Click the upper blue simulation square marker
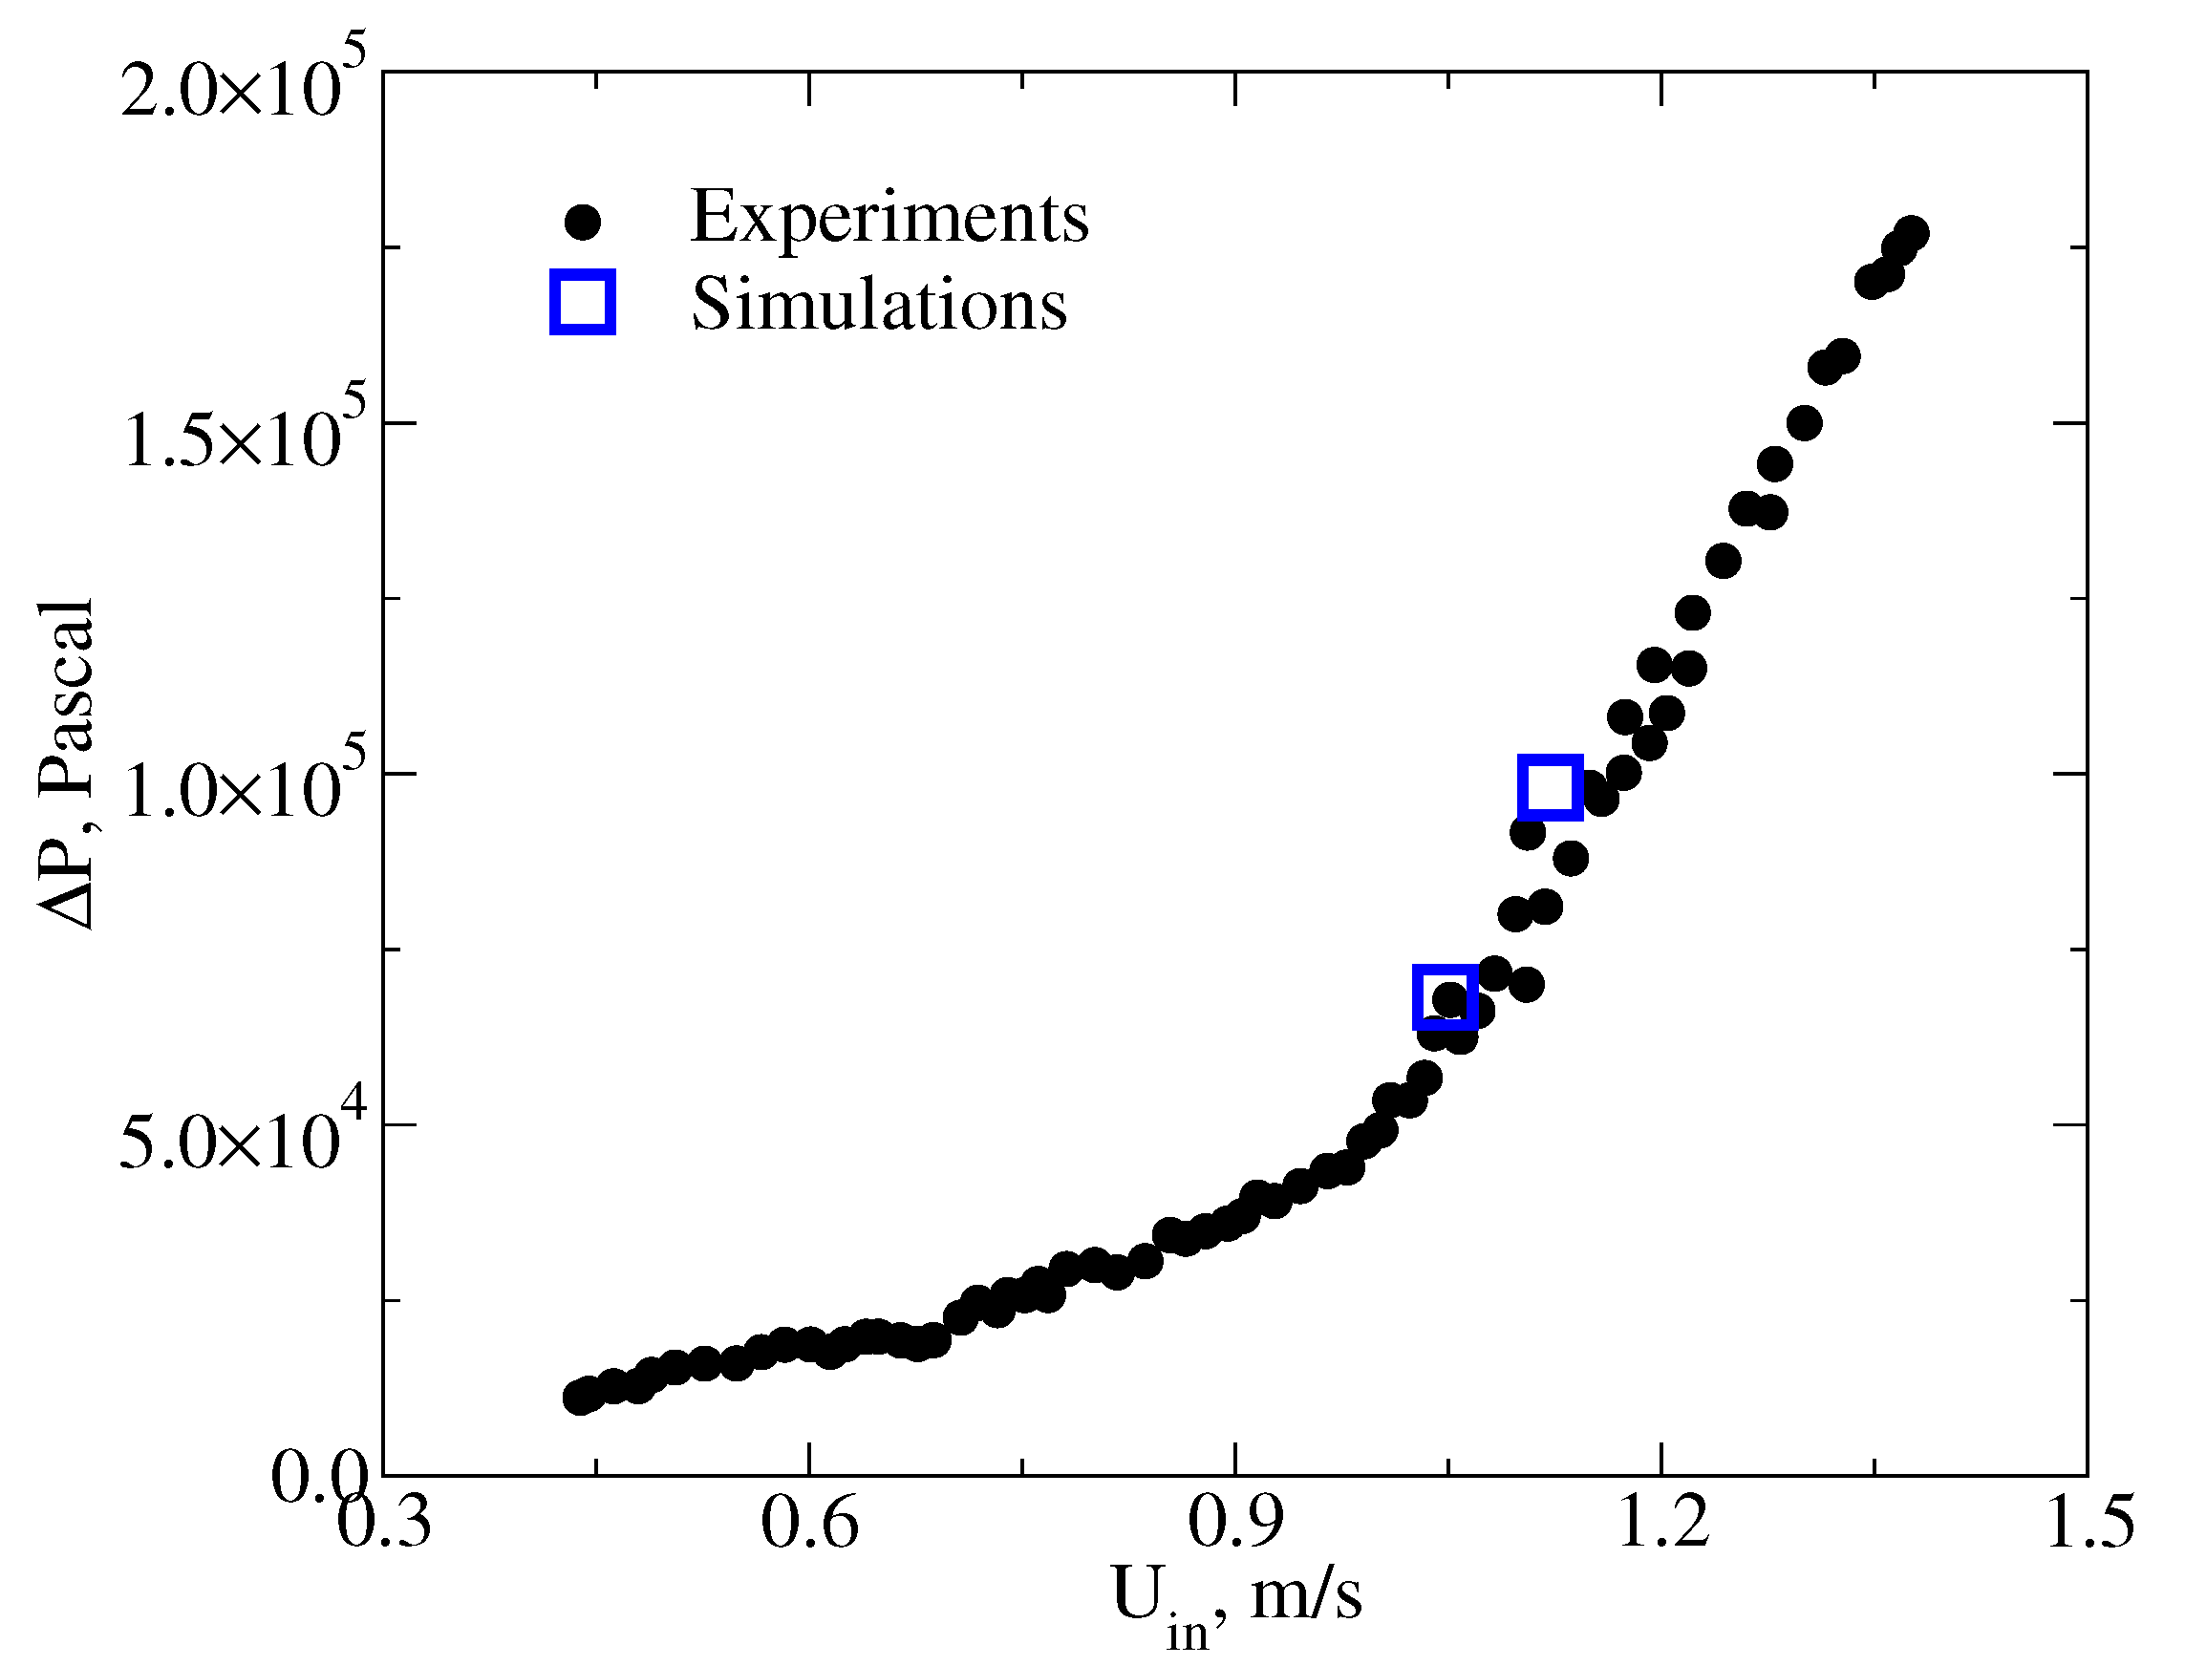click(1551, 786)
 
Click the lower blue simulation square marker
click(1446, 995)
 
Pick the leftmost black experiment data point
click(578, 1399)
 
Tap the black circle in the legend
click(582, 221)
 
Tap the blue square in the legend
click(582, 302)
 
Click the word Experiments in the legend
click(889, 216)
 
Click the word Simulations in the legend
click(879, 304)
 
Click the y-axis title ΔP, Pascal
click(68, 763)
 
